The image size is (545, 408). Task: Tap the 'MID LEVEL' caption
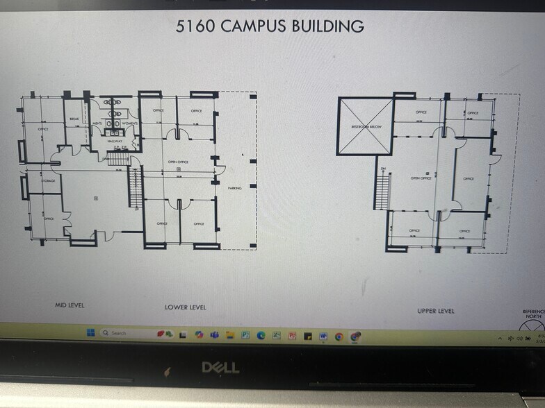[x=70, y=305]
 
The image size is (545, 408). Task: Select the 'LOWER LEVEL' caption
[x=185, y=307]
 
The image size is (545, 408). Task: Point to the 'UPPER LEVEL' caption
[x=436, y=311]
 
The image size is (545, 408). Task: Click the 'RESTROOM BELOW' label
[x=365, y=127]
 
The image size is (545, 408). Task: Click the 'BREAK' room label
[x=74, y=119]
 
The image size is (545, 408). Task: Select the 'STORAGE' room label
[x=47, y=180]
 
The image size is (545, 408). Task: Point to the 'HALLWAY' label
[x=115, y=141]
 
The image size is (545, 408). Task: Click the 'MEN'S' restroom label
[x=98, y=123]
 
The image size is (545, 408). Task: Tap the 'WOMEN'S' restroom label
[x=131, y=123]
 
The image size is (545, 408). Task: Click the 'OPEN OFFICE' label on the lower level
[x=179, y=162]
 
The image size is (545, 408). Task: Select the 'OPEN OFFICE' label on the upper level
[x=421, y=178]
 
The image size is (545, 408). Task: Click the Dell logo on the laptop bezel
[x=220, y=367]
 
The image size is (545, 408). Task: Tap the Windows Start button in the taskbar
[x=90, y=333]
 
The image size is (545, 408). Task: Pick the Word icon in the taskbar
[x=323, y=336]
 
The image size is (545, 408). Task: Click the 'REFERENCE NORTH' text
[x=533, y=314]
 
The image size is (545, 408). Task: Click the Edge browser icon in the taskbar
[x=261, y=335]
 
